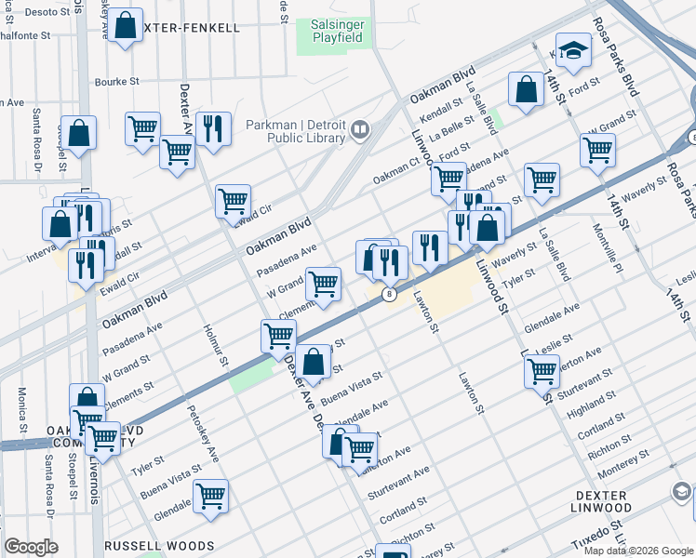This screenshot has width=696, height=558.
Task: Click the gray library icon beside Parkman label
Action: tap(360, 130)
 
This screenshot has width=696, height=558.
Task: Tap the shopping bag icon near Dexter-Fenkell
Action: tap(125, 27)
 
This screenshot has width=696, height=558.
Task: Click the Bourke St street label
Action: tap(116, 82)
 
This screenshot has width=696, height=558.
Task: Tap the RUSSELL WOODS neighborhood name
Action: tap(159, 546)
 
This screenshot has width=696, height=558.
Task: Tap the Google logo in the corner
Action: tap(32, 546)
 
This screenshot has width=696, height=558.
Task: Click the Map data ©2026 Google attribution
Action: tap(637, 551)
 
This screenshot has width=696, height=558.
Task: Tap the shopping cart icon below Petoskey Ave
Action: tap(211, 497)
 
